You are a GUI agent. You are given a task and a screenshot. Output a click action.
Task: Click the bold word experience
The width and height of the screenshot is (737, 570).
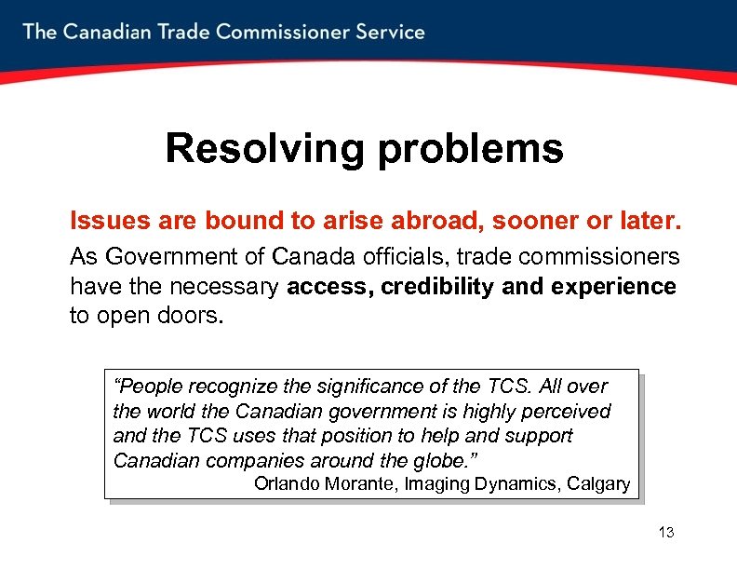tap(614, 287)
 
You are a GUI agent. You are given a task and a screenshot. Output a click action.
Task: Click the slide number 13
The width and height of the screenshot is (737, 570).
tap(666, 533)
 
